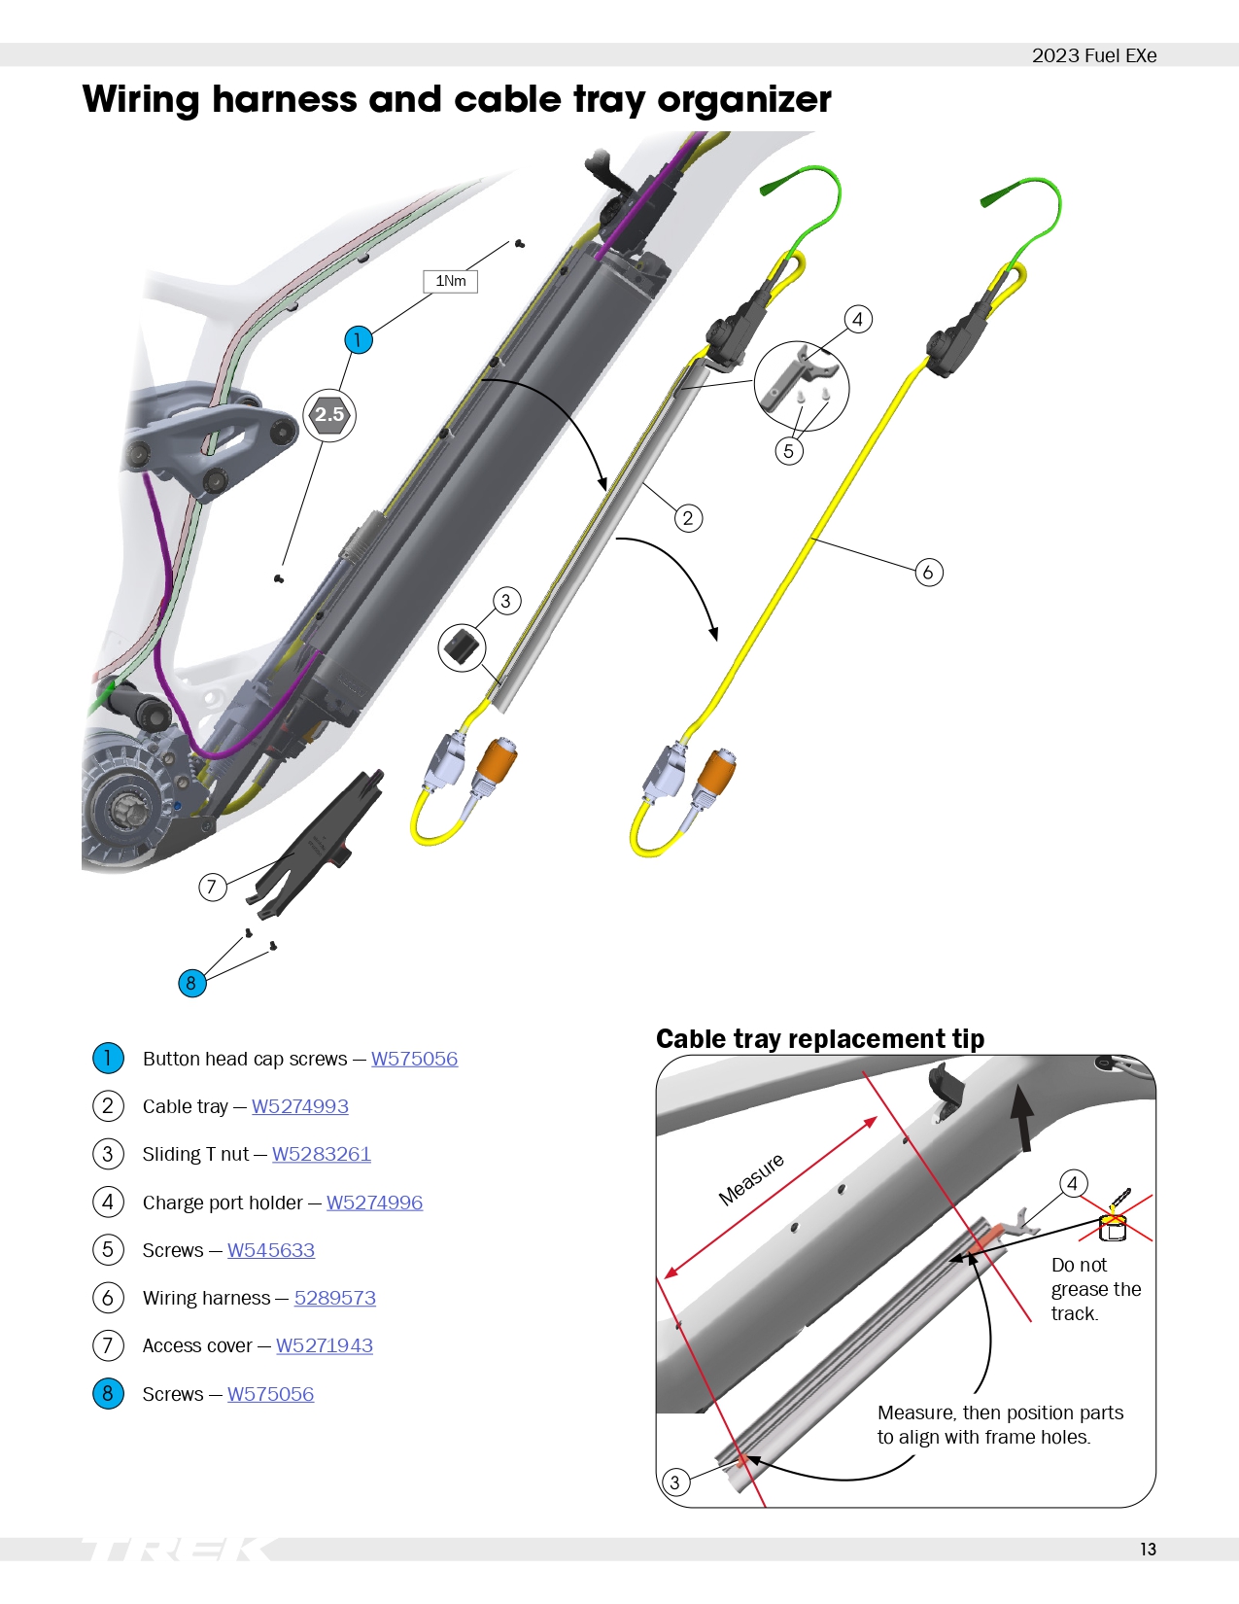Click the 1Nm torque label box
(450, 281)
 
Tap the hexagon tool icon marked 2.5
(329, 415)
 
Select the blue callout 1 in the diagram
(359, 339)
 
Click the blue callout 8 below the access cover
(191, 983)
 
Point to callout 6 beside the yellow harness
(928, 572)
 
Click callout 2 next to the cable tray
(688, 518)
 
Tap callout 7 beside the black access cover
(213, 887)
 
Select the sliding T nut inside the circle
(463, 646)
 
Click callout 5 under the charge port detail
(788, 451)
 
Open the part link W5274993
(299, 1106)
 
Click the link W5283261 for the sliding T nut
(321, 1155)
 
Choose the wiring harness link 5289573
(335, 1299)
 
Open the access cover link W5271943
(324, 1346)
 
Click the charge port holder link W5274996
(374, 1203)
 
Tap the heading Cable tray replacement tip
(820, 1038)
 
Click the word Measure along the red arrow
(751, 1179)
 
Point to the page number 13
(1148, 1550)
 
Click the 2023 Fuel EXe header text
(1093, 55)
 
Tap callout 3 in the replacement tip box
(673, 1482)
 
